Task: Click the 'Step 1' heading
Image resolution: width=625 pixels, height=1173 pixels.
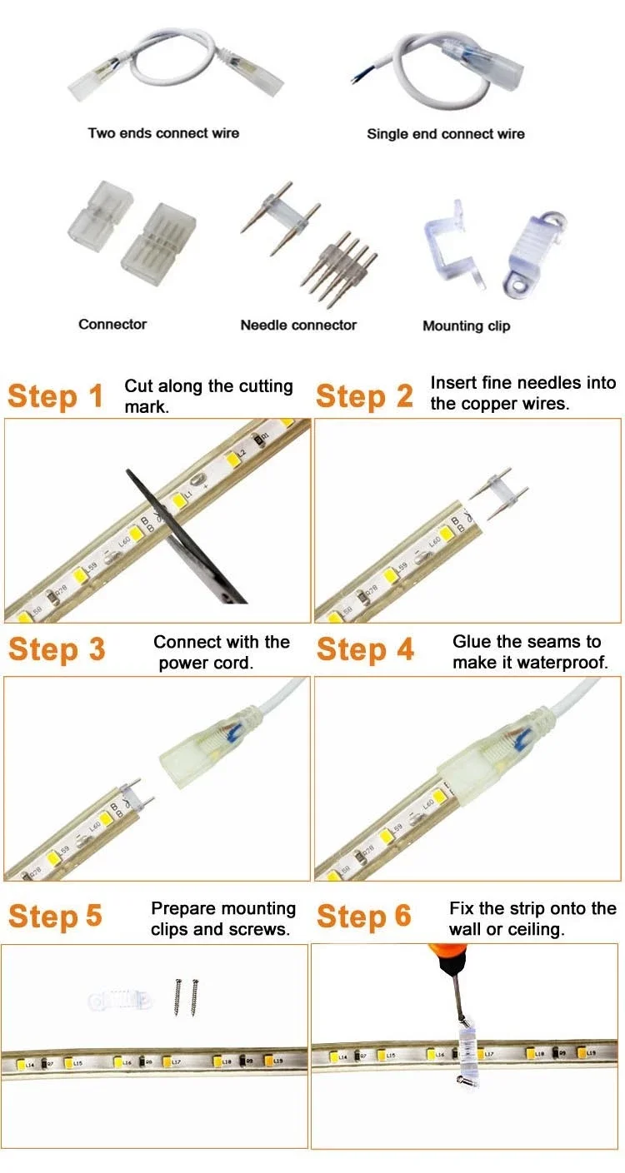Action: click(56, 396)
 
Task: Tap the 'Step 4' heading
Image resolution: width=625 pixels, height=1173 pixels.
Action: click(365, 649)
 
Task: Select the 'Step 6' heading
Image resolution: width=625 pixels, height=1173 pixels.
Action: click(364, 916)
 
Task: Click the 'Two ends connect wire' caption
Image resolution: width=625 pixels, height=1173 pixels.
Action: click(163, 132)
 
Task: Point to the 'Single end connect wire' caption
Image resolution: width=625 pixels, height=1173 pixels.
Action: click(446, 133)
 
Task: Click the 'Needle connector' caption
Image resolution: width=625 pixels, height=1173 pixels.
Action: click(298, 325)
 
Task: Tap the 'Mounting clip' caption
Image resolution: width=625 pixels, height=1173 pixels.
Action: click(466, 326)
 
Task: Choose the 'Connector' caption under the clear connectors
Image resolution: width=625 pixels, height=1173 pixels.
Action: click(112, 324)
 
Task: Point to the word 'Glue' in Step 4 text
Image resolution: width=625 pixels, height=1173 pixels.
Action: click(471, 642)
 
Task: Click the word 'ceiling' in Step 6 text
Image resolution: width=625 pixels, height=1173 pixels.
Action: click(536, 929)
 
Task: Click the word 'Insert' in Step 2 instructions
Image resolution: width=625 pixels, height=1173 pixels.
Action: click(453, 383)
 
